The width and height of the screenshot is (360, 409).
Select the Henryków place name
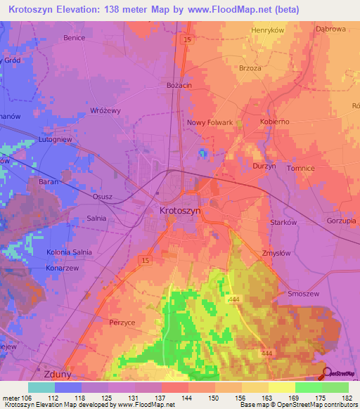point(268,32)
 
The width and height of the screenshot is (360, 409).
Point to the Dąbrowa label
point(331,30)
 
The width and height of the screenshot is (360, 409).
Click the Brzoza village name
point(269,69)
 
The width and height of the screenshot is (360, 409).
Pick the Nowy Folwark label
point(210,122)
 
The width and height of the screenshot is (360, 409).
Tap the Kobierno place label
point(275,122)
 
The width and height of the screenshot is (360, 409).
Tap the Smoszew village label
point(304,294)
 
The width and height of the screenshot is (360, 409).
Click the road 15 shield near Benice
point(186,40)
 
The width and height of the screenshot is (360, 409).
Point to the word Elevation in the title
point(83,10)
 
